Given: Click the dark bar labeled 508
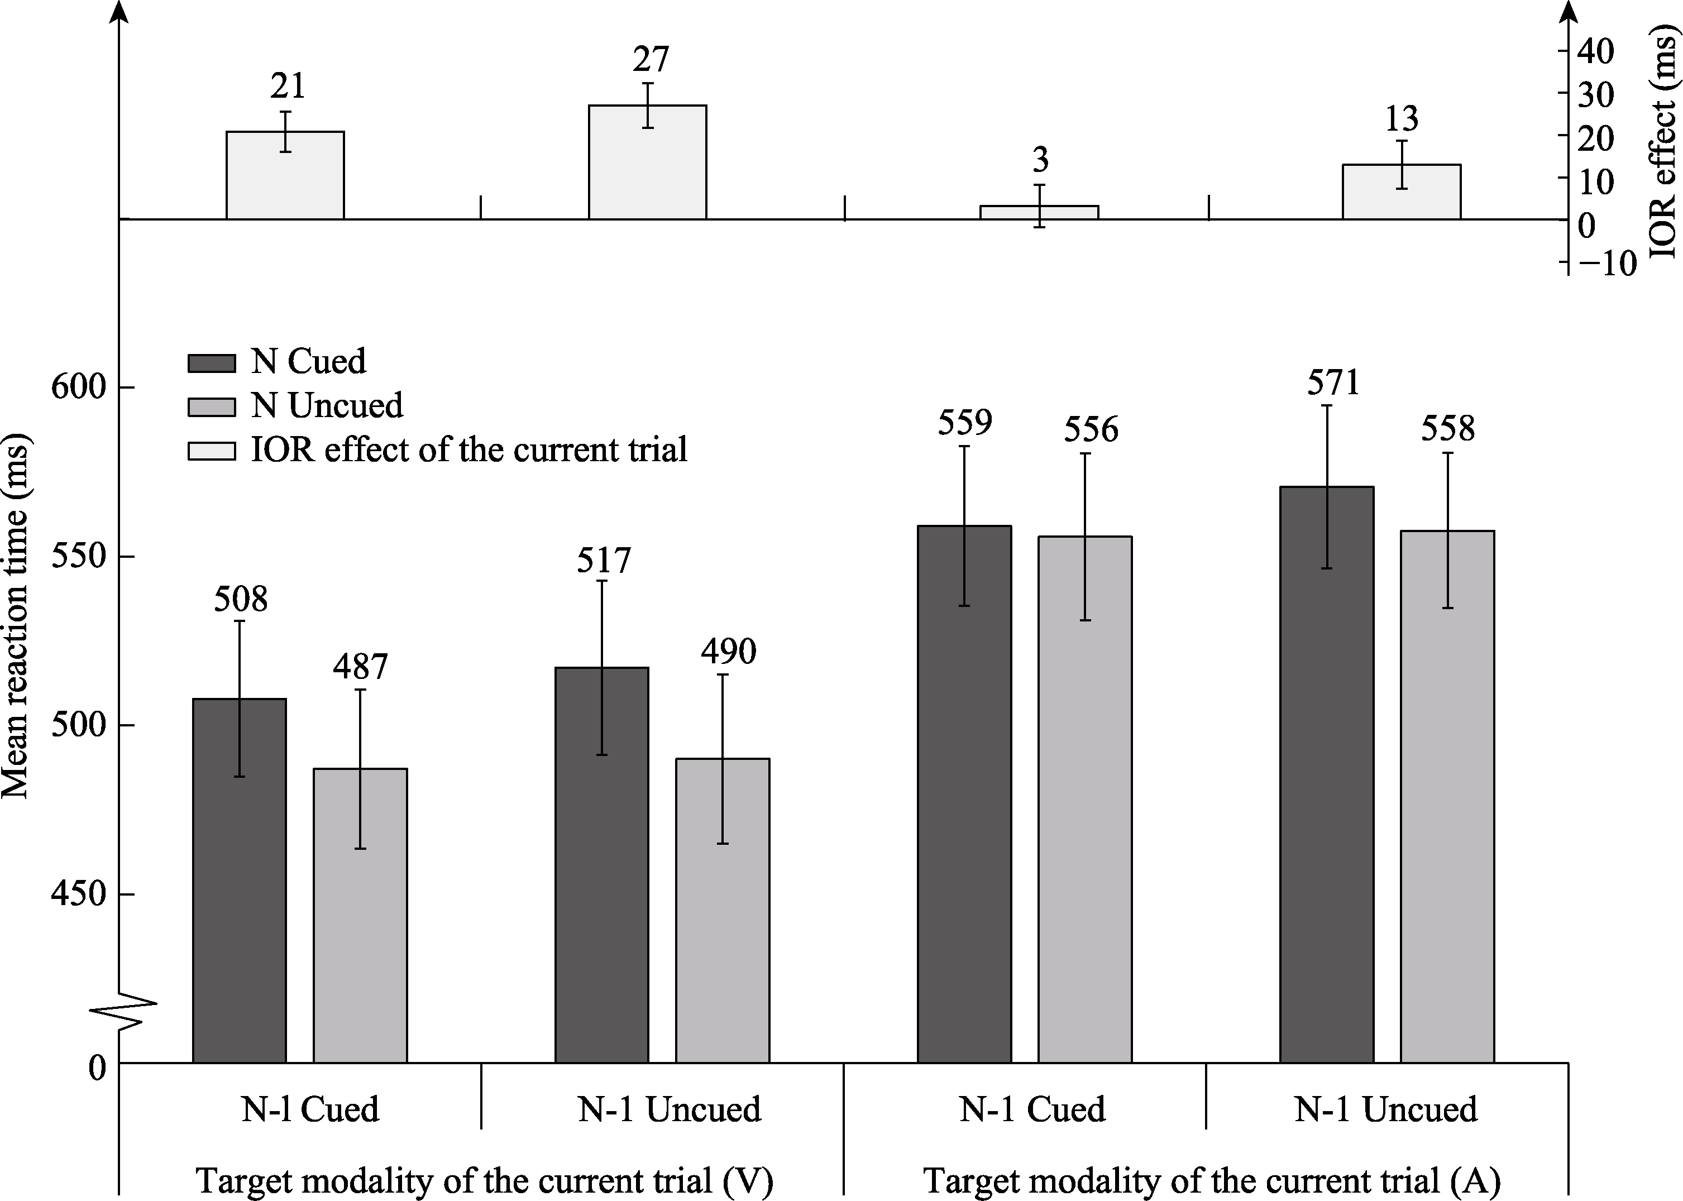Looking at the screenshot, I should [x=239, y=880].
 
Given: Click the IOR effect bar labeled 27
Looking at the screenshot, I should [x=647, y=162].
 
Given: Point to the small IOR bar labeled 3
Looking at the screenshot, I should [x=1039, y=212].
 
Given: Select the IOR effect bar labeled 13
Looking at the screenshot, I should [x=1401, y=192].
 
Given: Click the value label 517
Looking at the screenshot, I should [x=604, y=561].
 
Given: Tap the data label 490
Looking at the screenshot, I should [x=728, y=652].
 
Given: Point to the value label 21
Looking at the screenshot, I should [x=287, y=87].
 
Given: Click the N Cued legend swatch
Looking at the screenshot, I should [x=212, y=363].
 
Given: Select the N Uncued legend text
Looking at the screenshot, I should [x=327, y=405].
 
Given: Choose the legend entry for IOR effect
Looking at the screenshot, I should [x=469, y=449].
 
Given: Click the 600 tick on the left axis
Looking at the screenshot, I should [x=78, y=387].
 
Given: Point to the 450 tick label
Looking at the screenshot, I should [x=78, y=894].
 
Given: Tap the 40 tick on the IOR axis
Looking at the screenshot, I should [x=1596, y=51].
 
